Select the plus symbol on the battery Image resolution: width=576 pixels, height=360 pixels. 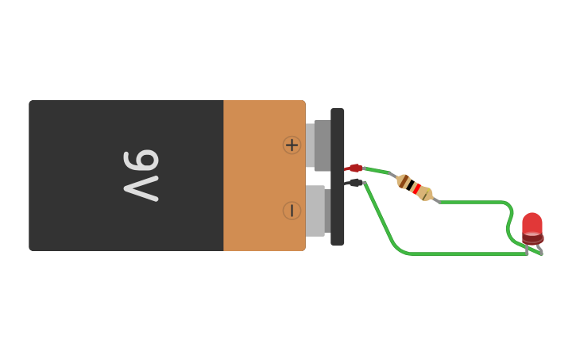(x=292, y=145)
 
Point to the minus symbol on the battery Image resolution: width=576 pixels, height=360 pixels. (x=292, y=211)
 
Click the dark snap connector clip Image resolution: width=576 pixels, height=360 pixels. (x=338, y=176)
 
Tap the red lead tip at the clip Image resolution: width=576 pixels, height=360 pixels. (x=355, y=168)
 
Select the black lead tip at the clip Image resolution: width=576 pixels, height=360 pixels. (x=355, y=183)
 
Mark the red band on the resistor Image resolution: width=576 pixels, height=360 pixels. (x=416, y=188)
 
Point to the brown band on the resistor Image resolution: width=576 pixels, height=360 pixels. (x=404, y=182)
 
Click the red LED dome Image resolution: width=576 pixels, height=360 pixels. (x=532, y=225)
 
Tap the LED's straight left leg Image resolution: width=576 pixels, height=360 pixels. (x=527, y=248)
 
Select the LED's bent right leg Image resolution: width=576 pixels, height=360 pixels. (x=539, y=250)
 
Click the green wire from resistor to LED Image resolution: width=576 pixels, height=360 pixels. (x=477, y=203)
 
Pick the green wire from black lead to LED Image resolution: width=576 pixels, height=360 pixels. (x=461, y=254)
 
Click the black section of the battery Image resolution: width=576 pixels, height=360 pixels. (x=79, y=175)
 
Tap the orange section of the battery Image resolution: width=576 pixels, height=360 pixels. (x=254, y=175)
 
